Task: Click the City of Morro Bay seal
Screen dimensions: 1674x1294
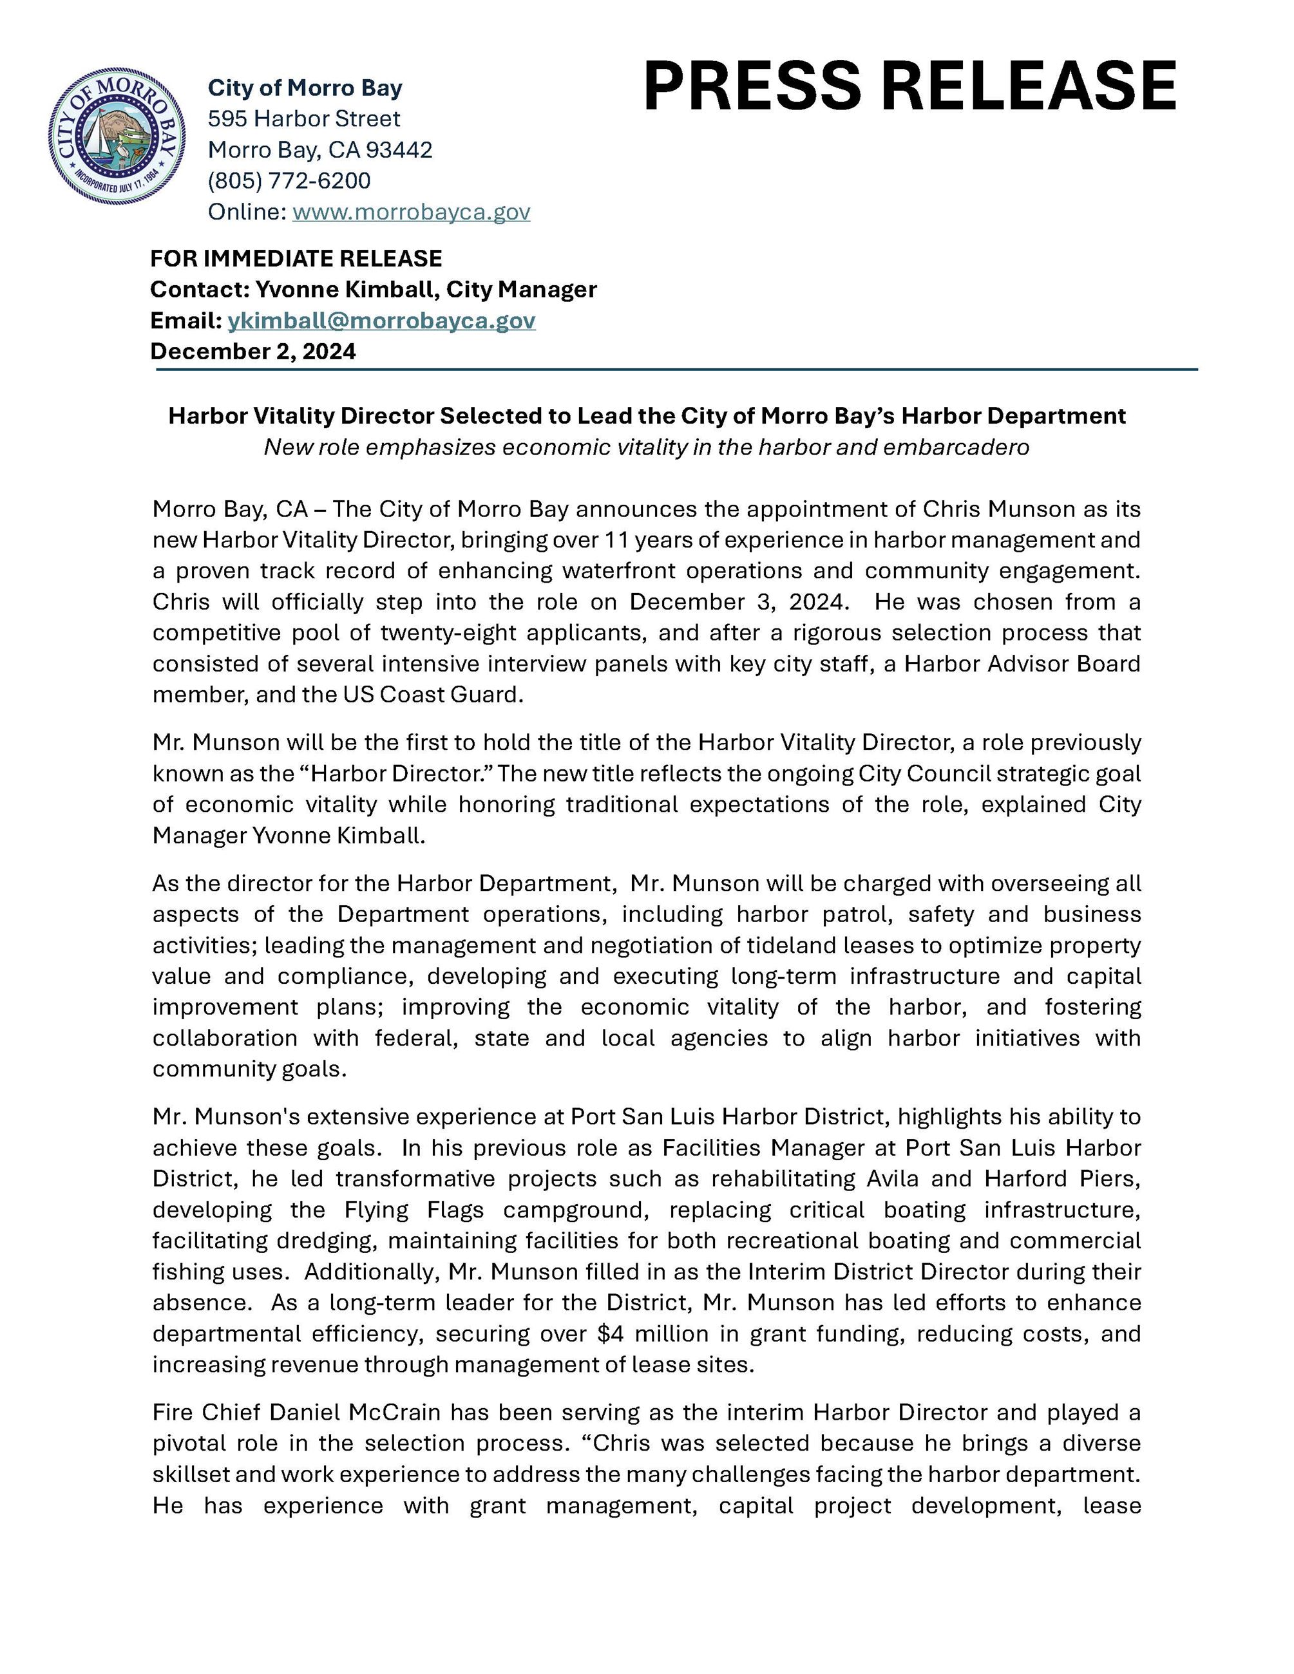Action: pyautogui.click(x=117, y=136)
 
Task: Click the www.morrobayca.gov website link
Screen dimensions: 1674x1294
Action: pyautogui.click(x=411, y=212)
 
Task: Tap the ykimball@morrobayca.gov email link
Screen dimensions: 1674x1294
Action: pyautogui.click(x=381, y=321)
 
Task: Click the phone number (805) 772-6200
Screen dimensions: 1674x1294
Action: pyautogui.click(x=289, y=181)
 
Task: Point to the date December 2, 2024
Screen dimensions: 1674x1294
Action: pyautogui.click(x=253, y=351)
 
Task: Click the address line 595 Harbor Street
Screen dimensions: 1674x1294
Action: pyautogui.click(x=303, y=119)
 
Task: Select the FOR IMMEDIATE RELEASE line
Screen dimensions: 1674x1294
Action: pyautogui.click(x=296, y=258)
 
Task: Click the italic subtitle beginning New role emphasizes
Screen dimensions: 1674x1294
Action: pyautogui.click(x=646, y=447)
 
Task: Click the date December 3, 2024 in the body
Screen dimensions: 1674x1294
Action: pyautogui.click(x=738, y=602)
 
